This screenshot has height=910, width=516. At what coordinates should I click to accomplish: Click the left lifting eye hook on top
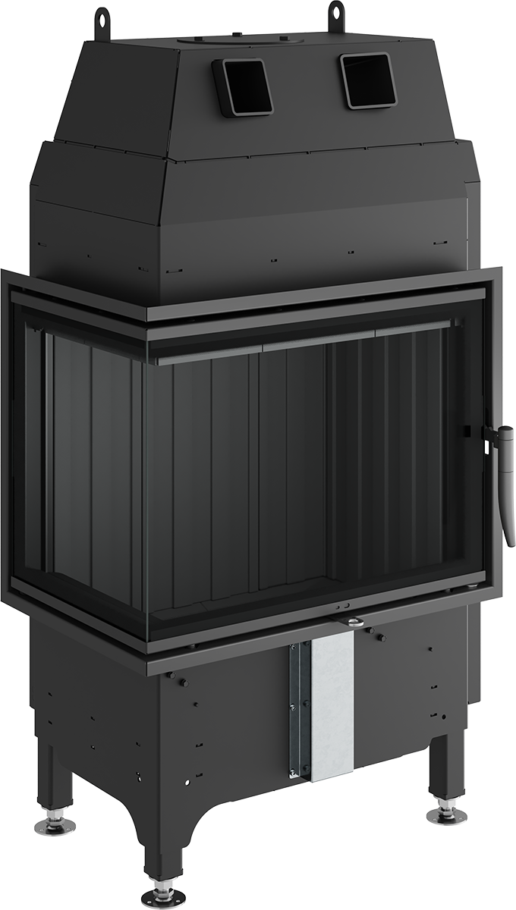(x=101, y=17)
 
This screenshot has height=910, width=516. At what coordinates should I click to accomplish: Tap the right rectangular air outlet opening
(x=368, y=80)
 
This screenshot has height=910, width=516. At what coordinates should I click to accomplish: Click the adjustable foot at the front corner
(x=163, y=895)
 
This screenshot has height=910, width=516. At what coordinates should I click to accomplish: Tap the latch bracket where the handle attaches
(x=489, y=433)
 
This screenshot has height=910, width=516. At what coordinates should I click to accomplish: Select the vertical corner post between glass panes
(x=144, y=493)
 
